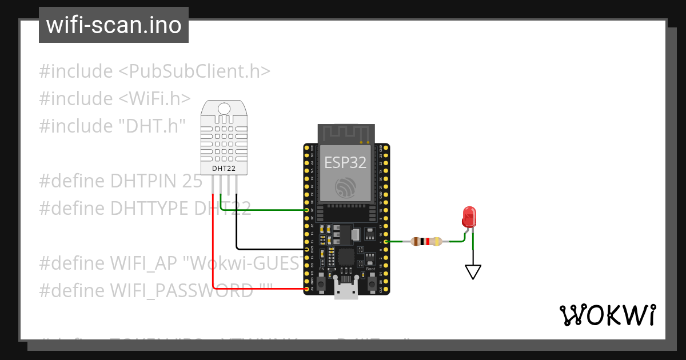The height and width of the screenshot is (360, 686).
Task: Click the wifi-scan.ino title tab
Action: click(114, 25)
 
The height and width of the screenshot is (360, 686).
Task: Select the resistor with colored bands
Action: click(426, 242)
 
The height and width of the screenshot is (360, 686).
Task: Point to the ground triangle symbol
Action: click(473, 271)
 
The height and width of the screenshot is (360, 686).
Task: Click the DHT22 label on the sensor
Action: click(224, 169)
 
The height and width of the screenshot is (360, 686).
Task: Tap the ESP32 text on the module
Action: click(345, 162)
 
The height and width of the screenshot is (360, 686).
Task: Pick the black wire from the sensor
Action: click(237, 229)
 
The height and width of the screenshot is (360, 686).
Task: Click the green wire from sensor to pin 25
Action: click(263, 210)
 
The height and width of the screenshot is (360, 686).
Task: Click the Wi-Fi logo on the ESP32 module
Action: click(345, 189)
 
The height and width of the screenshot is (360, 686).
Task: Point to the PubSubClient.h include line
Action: click(154, 72)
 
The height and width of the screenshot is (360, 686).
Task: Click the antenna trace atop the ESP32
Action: click(345, 134)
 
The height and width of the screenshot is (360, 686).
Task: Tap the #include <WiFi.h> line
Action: click(114, 99)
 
